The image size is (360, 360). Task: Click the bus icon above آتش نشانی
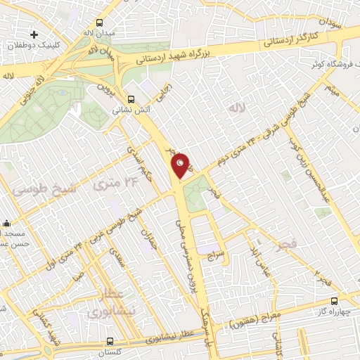pos(130,99)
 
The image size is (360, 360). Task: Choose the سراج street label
pos(214,257)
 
